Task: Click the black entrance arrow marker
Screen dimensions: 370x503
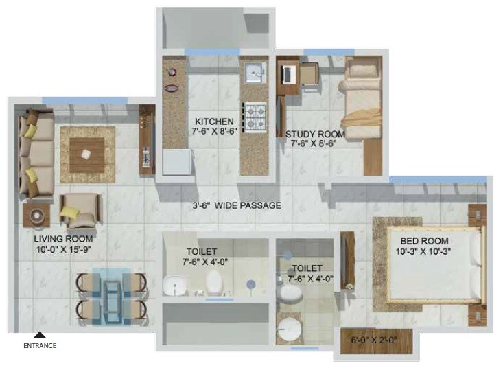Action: pos(40,334)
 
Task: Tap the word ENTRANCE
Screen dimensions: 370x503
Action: pos(40,345)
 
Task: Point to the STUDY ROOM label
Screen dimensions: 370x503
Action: pos(315,135)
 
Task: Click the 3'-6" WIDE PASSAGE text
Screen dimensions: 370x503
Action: pos(236,205)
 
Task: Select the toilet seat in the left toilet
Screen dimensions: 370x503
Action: pos(215,280)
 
